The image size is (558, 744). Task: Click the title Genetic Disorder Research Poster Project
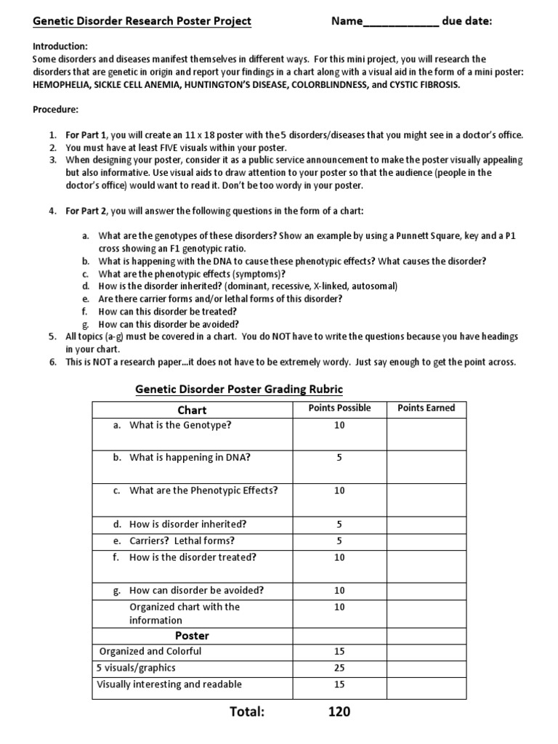pyautogui.click(x=142, y=21)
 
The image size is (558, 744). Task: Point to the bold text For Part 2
pyautogui.click(x=86, y=211)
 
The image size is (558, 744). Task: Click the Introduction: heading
pyautogui.click(x=60, y=45)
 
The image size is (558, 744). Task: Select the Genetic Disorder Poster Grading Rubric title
pyautogui.click(x=239, y=389)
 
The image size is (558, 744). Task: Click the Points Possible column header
pyautogui.click(x=339, y=408)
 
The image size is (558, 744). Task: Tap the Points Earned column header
pyautogui.click(x=426, y=408)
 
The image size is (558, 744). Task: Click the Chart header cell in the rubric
pyautogui.click(x=192, y=410)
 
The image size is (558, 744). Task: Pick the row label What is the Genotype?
pyautogui.click(x=180, y=425)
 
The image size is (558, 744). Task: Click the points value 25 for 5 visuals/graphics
pyautogui.click(x=339, y=668)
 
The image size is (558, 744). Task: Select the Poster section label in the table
pyautogui.click(x=192, y=636)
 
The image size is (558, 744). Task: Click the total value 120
pyautogui.click(x=339, y=712)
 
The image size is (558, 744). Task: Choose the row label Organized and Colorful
pyautogui.click(x=150, y=651)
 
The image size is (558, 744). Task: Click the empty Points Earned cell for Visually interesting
pyautogui.click(x=426, y=684)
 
